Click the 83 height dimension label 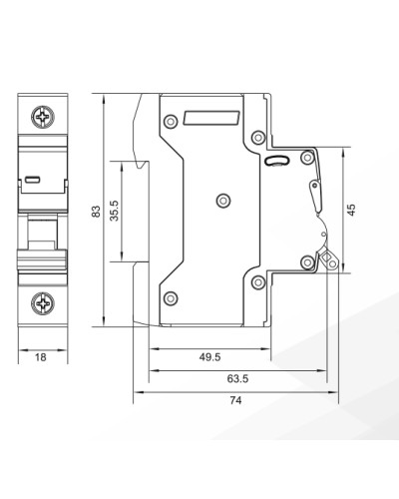coord(96,212)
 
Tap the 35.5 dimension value coord(114,211)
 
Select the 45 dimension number coord(351,210)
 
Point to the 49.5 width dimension coord(209,357)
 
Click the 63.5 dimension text coord(237,378)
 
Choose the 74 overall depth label coord(235,400)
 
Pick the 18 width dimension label coord(41,357)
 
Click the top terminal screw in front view coord(43,117)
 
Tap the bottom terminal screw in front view coord(43,303)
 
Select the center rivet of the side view coord(223,201)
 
